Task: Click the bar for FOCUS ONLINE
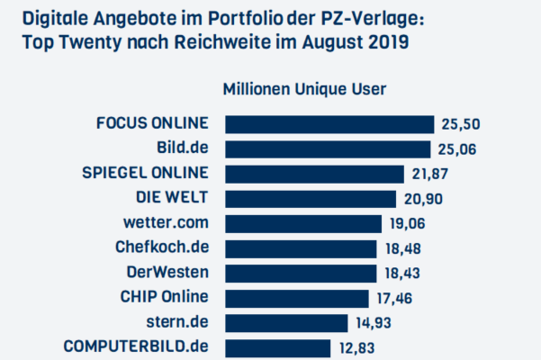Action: [329, 123]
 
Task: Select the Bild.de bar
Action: [327, 148]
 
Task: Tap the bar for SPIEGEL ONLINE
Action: [313, 173]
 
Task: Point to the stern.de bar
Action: [285, 322]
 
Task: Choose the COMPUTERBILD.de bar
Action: [277, 346]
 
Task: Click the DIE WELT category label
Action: [170, 198]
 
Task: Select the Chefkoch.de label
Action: [162, 247]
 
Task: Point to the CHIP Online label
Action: [164, 297]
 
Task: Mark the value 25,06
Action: [456, 149]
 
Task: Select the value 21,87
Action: [429, 174]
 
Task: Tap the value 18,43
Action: [402, 273]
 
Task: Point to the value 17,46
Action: [394, 298]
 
